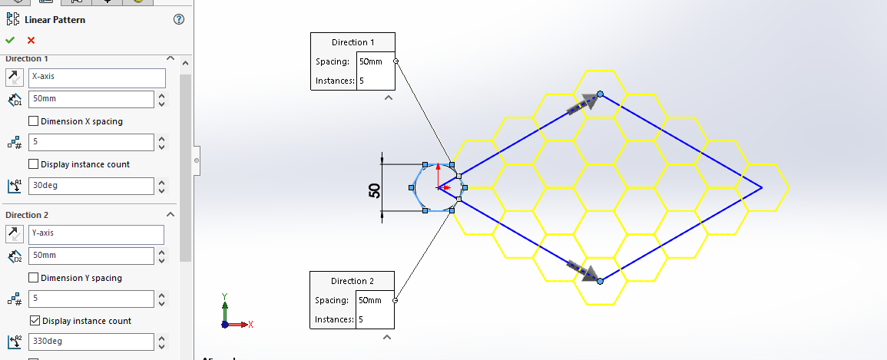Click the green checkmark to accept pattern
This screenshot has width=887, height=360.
click(x=10, y=40)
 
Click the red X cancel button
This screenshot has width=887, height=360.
click(x=31, y=40)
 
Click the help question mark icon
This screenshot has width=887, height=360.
click(x=180, y=19)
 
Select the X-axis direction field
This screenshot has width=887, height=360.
click(x=97, y=78)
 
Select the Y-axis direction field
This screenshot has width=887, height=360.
click(x=97, y=233)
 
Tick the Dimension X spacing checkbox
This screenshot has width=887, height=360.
click(x=34, y=121)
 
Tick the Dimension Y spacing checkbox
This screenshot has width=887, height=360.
click(x=34, y=278)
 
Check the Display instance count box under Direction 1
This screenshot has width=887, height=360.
click(x=34, y=164)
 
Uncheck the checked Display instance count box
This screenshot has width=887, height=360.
click(x=34, y=321)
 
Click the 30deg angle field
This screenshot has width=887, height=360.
click(x=91, y=186)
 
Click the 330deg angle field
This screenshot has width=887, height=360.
click(x=91, y=342)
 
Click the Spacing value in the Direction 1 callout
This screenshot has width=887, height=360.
click(x=375, y=61)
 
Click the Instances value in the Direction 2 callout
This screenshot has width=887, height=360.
click(x=375, y=319)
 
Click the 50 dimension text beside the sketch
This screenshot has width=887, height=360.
click(x=375, y=190)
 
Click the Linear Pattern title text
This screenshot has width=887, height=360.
click(x=55, y=19)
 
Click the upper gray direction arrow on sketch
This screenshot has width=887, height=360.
click(x=583, y=104)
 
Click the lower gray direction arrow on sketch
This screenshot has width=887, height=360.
click(x=583, y=271)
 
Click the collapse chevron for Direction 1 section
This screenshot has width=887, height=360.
click(x=170, y=59)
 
